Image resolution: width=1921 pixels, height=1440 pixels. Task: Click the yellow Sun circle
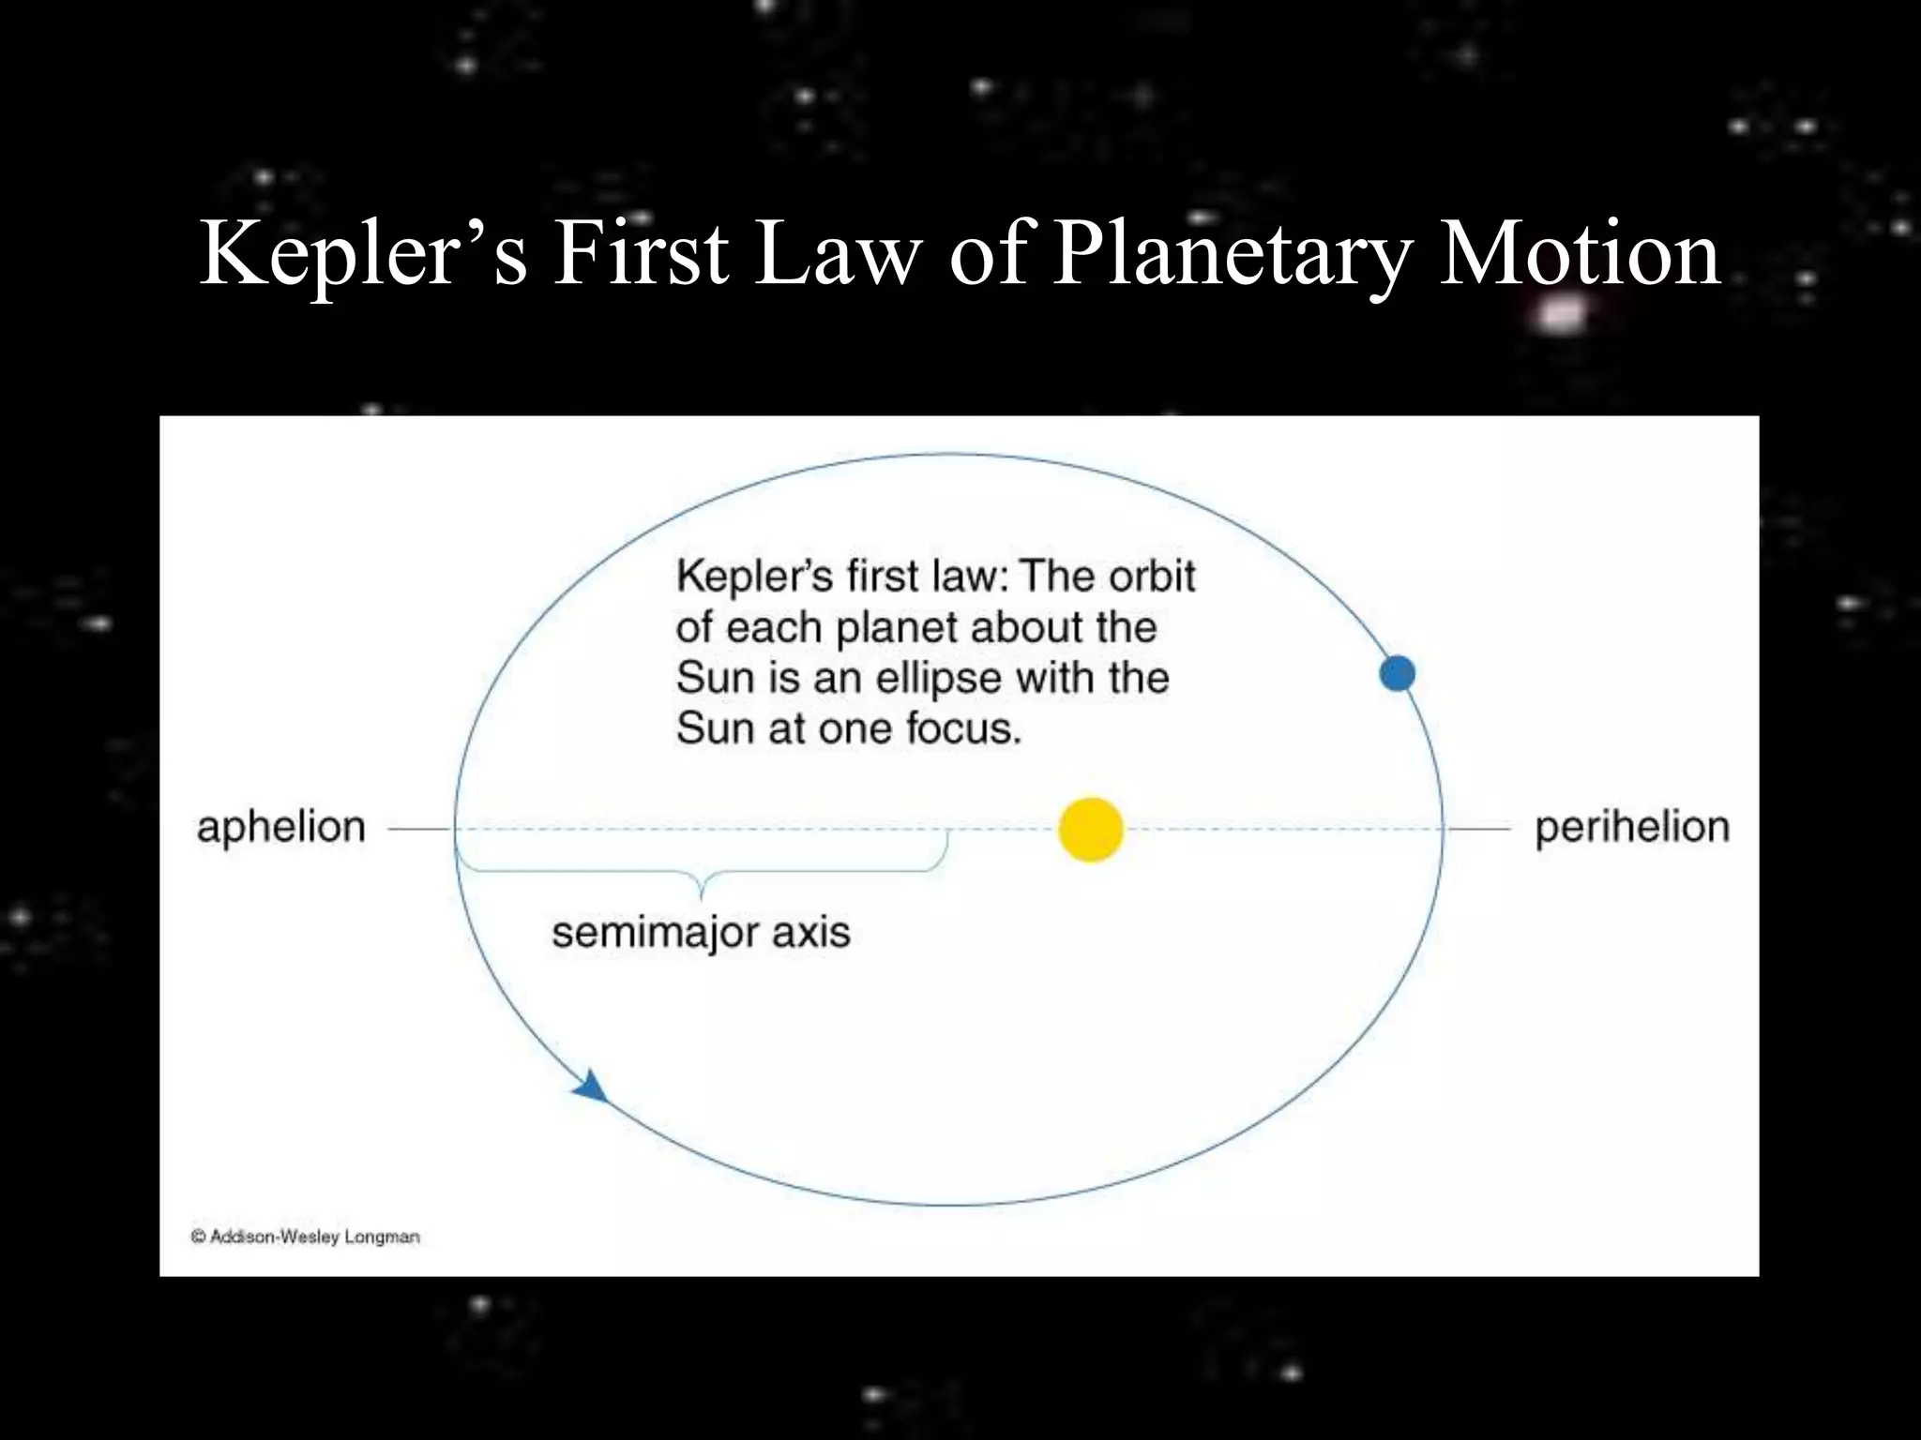pyautogui.click(x=1090, y=830)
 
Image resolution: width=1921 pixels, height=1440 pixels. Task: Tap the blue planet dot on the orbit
pyautogui.click(x=1397, y=673)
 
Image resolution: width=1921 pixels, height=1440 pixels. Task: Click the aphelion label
pyautogui.click(x=281, y=828)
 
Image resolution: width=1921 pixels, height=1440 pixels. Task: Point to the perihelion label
pyautogui.click(x=1632, y=828)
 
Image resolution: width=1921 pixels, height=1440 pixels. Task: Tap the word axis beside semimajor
pyautogui.click(x=811, y=933)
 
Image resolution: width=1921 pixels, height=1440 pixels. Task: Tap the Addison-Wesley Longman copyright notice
pyautogui.click(x=306, y=1237)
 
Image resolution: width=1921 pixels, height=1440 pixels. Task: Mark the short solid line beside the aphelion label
pyautogui.click(x=419, y=830)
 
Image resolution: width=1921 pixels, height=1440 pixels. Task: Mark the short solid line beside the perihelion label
pyautogui.click(x=1478, y=830)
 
